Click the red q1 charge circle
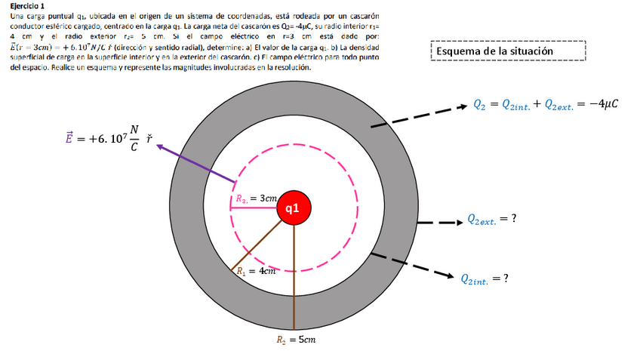point(294,208)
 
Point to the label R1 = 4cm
point(253,269)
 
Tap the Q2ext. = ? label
point(491,220)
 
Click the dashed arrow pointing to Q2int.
point(412,264)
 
